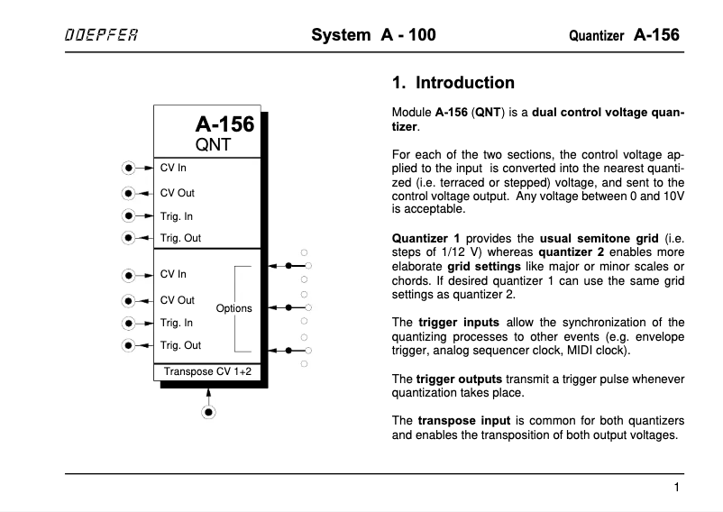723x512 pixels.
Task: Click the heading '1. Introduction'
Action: point(453,83)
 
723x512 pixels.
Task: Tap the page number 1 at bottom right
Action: point(676,488)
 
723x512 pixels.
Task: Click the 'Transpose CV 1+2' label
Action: point(207,370)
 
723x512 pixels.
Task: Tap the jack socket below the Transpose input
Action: point(209,412)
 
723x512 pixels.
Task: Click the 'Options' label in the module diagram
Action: point(234,308)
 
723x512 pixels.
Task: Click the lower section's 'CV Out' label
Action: point(177,300)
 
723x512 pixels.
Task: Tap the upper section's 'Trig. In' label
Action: point(177,216)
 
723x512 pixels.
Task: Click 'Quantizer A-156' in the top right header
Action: point(624,36)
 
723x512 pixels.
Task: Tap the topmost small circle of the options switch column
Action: point(305,252)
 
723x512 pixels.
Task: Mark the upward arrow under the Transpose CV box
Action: point(209,393)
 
